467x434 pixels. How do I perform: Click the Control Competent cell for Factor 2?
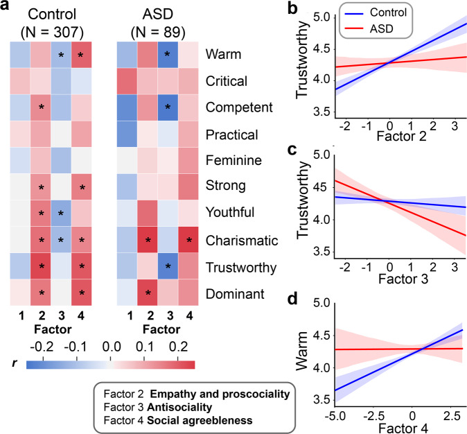[x=60, y=106]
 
